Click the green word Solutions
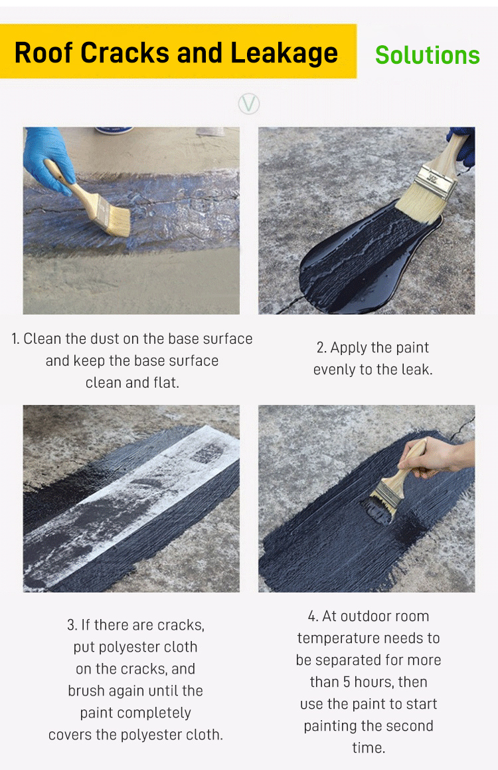[x=428, y=55]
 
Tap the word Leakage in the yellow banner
[x=284, y=53]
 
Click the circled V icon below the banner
[x=249, y=104]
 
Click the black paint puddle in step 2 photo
[x=363, y=265]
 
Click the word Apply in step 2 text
[x=349, y=348]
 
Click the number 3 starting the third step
[x=72, y=625]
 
